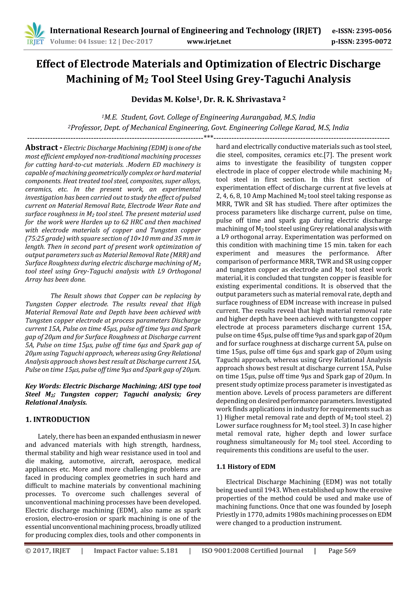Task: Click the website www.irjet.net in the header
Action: point(209,41)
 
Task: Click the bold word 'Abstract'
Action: point(42,148)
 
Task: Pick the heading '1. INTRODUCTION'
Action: point(58,419)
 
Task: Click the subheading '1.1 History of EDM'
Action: point(246,467)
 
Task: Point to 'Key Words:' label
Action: point(43,386)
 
